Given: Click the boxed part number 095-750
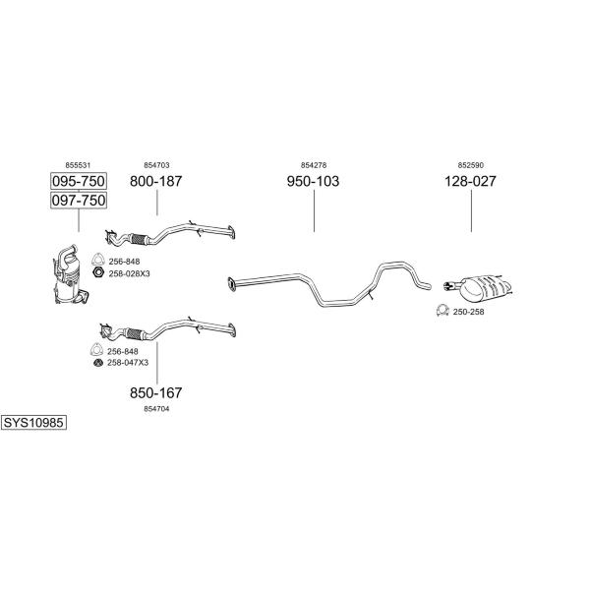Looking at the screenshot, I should point(78,182).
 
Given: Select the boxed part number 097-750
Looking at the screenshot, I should point(78,201).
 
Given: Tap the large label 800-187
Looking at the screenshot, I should point(156,182).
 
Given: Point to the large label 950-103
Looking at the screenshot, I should point(313,182).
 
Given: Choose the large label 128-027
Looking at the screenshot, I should point(470,182).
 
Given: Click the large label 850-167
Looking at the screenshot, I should point(156,393).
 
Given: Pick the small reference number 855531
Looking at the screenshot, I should point(78,165).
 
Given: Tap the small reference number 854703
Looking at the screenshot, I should point(156,165).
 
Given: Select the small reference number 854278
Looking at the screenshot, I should point(313,165).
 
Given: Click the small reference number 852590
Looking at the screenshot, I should point(470,165).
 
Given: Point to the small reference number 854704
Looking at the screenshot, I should point(156,409).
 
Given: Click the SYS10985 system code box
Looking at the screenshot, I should point(33,422).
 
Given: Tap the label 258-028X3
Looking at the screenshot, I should point(129,273).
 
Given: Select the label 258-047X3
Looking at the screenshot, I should point(127,363).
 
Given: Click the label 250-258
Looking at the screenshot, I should point(468,312).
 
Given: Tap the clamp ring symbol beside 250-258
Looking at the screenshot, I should point(442,312).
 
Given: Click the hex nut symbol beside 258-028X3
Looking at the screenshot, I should point(98,273).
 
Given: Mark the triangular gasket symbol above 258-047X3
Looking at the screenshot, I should point(97,350).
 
